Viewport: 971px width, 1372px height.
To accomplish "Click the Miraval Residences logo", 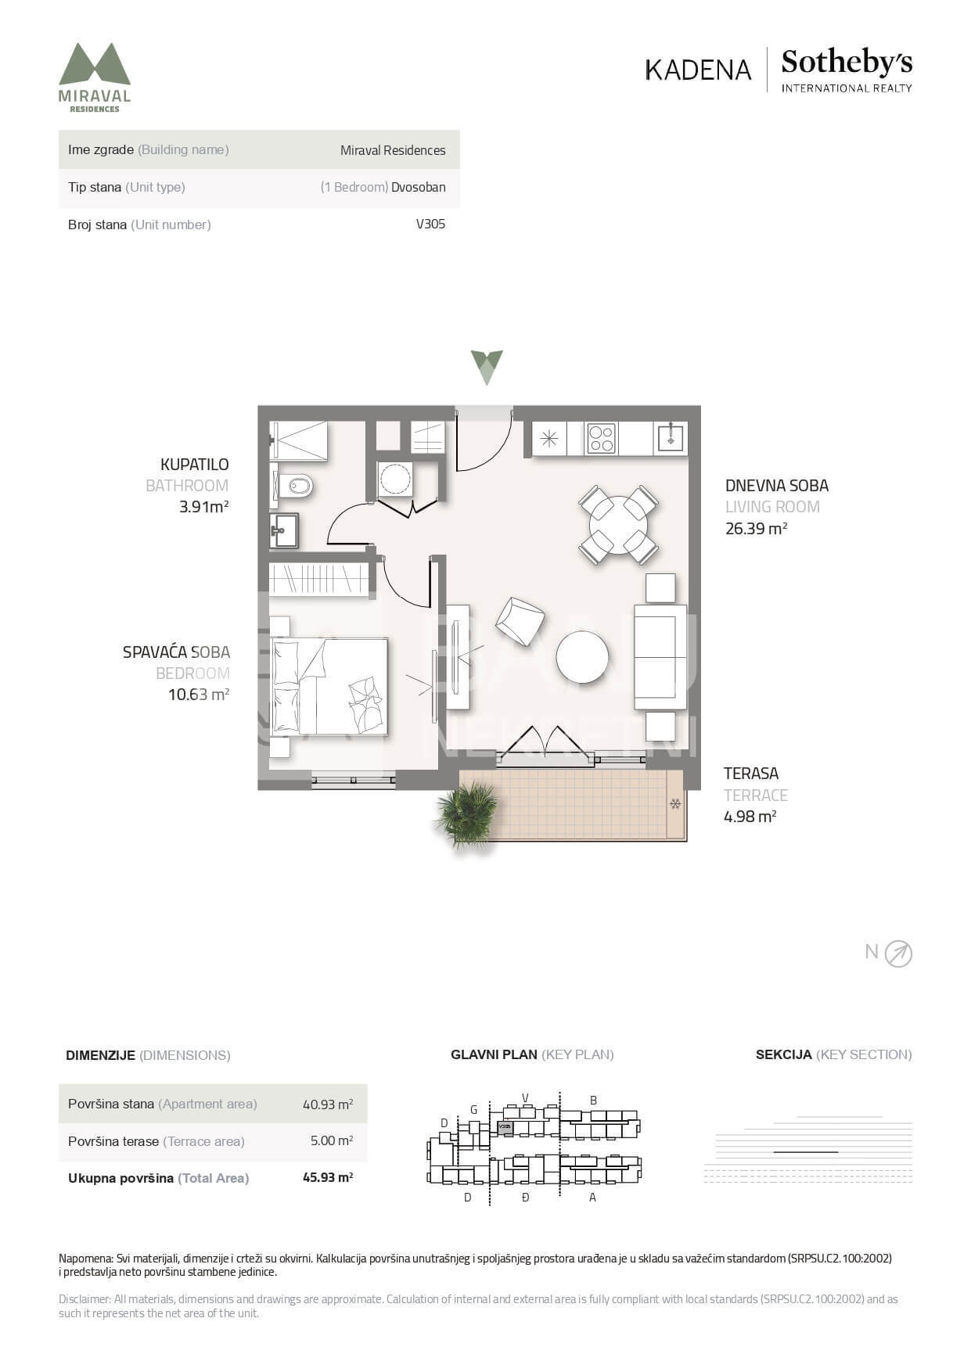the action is [95, 77].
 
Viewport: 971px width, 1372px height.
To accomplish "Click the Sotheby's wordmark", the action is [847, 62].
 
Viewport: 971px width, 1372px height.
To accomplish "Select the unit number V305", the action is [430, 224].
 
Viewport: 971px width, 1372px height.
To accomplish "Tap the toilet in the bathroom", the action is [295, 487].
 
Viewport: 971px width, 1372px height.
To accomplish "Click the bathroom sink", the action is [284, 531].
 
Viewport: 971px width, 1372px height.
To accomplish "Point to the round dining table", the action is [618, 525].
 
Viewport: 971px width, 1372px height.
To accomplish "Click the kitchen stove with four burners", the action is [601, 438].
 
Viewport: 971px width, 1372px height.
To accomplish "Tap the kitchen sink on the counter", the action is [671, 437].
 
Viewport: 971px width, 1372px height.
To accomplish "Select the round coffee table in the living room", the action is [582, 657].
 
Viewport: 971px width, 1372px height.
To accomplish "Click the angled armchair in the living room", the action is [520, 621].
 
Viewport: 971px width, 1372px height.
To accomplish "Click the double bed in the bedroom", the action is [329, 686].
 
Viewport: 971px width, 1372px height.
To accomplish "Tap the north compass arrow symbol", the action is [898, 954].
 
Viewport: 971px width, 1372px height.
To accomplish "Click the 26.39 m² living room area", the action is [756, 528].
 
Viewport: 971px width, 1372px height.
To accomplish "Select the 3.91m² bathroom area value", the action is [203, 506].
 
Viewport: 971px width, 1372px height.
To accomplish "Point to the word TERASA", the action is [751, 774].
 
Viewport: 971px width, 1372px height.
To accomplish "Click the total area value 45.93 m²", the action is [328, 1177].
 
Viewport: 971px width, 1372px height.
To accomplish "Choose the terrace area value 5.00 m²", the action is [332, 1140].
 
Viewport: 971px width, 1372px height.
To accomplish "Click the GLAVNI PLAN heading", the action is [494, 1054].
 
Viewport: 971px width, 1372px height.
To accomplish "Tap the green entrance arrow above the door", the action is [487, 367].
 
